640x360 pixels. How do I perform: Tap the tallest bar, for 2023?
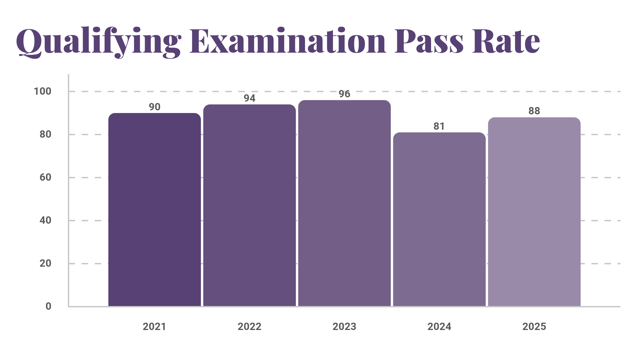tap(344, 203)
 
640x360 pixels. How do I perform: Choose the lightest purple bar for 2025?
tap(534, 212)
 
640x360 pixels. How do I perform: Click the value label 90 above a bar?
tap(154, 107)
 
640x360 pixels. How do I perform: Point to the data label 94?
tap(249, 98)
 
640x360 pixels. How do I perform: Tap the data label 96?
tap(344, 94)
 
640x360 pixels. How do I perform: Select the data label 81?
tap(439, 126)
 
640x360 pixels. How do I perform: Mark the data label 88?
tap(534, 111)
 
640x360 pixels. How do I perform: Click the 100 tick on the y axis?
tap(43, 91)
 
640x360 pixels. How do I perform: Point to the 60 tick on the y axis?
tap(45, 177)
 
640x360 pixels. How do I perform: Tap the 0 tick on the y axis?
tap(48, 306)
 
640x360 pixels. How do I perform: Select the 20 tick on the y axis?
tap(45, 263)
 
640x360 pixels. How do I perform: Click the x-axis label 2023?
tap(344, 327)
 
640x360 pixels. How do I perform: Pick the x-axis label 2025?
tap(534, 327)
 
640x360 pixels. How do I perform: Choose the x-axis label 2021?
tap(154, 327)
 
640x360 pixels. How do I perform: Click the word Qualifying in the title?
tap(99, 42)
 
